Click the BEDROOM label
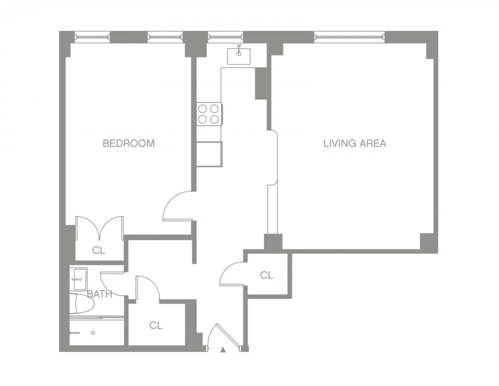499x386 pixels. [x=128, y=143]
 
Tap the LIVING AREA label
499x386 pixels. [x=354, y=143]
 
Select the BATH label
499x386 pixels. [x=99, y=294]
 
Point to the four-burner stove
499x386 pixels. [x=209, y=113]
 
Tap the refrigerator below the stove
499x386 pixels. [x=209, y=154]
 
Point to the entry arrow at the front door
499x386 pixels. [x=223, y=350]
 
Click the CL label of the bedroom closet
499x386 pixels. [x=99, y=251]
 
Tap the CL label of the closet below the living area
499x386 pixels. [x=267, y=275]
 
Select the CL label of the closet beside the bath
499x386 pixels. [x=156, y=326]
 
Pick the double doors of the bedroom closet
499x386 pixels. [x=99, y=227]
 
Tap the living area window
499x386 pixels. [x=349, y=36]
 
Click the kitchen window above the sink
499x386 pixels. [x=225, y=36]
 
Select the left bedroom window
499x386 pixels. [x=92, y=36]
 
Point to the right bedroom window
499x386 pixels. [x=165, y=36]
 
